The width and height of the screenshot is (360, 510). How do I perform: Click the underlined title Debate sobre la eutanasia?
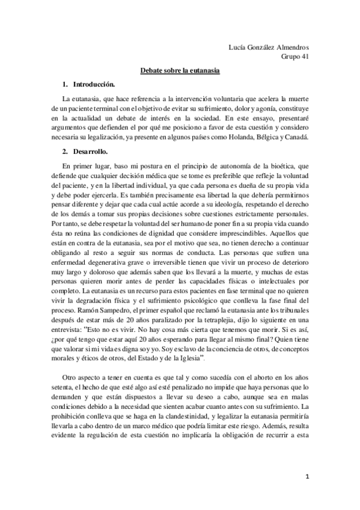[180, 70]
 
